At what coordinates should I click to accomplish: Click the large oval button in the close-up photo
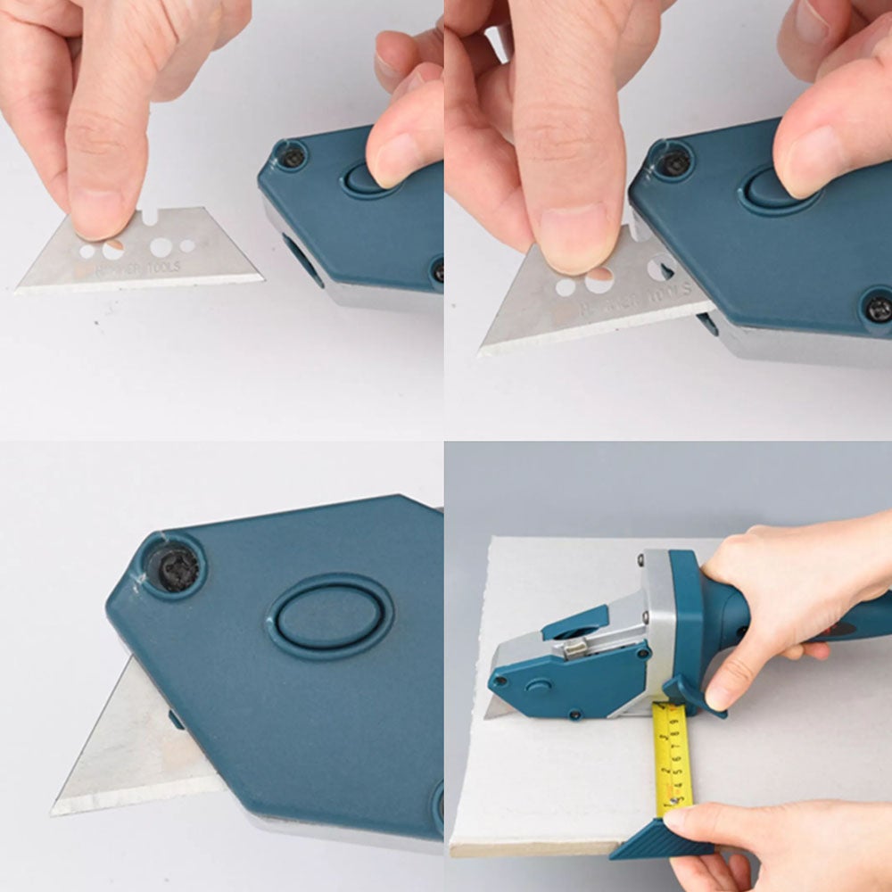pyautogui.click(x=330, y=616)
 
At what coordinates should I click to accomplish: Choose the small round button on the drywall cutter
pyautogui.click(x=538, y=686)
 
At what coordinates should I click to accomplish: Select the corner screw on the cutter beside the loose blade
pyautogui.click(x=292, y=158)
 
